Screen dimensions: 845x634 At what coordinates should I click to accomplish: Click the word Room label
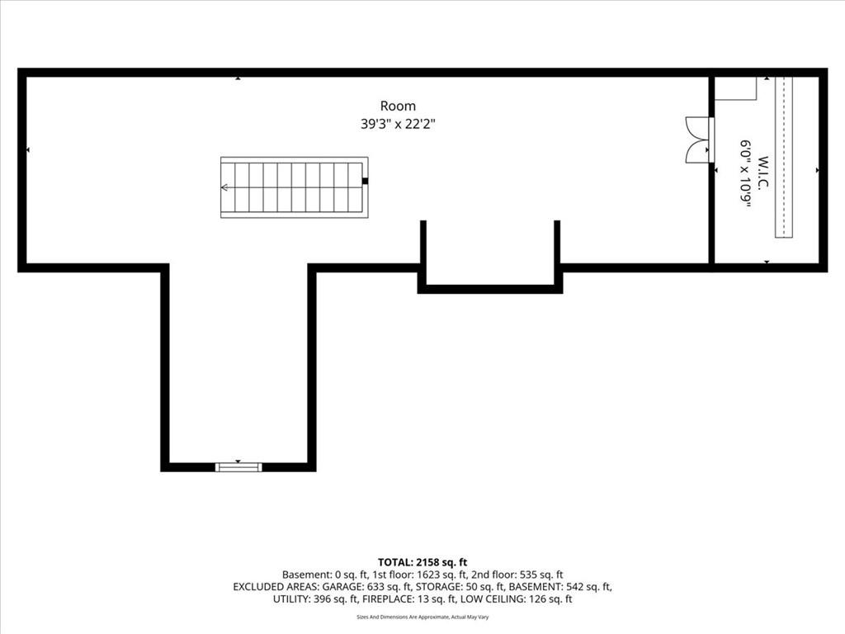pyautogui.click(x=398, y=106)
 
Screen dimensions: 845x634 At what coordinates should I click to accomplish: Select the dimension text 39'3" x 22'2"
pyautogui.click(x=398, y=124)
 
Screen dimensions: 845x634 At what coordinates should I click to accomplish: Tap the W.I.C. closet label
pyautogui.click(x=762, y=173)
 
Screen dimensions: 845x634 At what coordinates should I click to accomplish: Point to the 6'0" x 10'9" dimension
pyautogui.click(x=745, y=173)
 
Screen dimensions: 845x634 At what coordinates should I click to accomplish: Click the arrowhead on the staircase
pyautogui.click(x=224, y=187)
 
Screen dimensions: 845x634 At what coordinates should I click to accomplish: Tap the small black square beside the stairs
pyautogui.click(x=365, y=181)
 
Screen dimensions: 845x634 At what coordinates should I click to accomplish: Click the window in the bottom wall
pyautogui.click(x=238, y=467)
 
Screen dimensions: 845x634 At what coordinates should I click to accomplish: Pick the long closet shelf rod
pyautogui.click(x=784, y=157)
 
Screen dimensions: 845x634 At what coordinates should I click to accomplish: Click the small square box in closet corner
pyautogui.click(x=735, y=88)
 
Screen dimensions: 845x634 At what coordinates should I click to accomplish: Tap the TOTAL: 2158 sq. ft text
pyautogui.click(x=422, y=563)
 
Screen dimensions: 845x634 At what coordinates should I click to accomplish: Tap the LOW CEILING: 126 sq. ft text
pyautogui.click(x=520, y=599)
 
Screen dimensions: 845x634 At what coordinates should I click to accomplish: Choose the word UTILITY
pyautogui.click(x=291, y=599)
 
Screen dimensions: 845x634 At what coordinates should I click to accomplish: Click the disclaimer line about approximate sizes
pyautogui.click(x=422, y=617)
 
